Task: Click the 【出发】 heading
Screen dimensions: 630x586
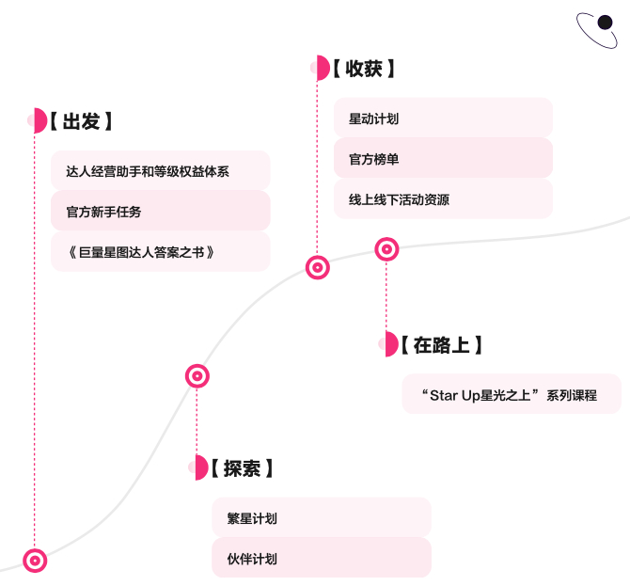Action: pos(81,121)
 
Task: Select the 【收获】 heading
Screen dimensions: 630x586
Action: pos(364,69)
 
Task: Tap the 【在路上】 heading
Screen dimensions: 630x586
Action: pos(442,345)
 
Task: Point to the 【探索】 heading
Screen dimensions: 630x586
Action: pos(242,468)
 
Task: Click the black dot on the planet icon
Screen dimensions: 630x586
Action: pos(605,23)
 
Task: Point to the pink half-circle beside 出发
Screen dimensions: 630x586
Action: pos(40,120)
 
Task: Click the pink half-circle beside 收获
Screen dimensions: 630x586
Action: pos(323,68)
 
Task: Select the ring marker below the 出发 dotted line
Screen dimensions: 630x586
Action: pos(35,561)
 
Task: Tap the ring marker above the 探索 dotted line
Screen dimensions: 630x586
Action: pos(197,376)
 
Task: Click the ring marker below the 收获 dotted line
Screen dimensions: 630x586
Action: pos(318,267)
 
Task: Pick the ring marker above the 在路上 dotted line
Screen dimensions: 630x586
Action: pos(386,249)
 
